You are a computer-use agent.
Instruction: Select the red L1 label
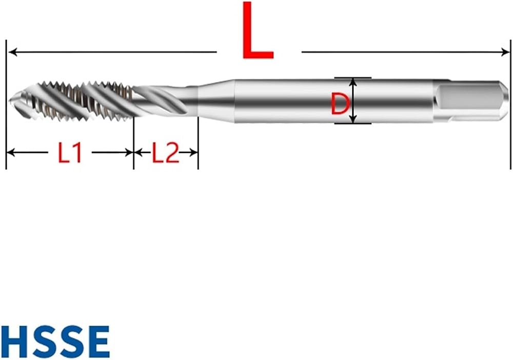(x=69, y=153)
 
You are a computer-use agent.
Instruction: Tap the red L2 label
(x=166, y=153)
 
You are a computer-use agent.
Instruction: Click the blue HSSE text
(x=55, y=342)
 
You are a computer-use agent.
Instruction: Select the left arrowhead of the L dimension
(x=12, y=52)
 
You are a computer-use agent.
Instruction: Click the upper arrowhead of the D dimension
(x=353, y=82)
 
